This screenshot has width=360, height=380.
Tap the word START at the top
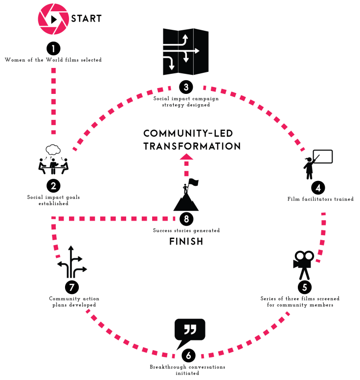(87, 19)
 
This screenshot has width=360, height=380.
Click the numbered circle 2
(53, 186)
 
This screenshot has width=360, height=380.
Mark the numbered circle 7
(72, 286)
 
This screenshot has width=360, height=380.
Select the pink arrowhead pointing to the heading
(185, 156)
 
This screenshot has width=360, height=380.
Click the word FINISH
(186, 241)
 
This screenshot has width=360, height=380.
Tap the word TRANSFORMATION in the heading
(192, 146)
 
